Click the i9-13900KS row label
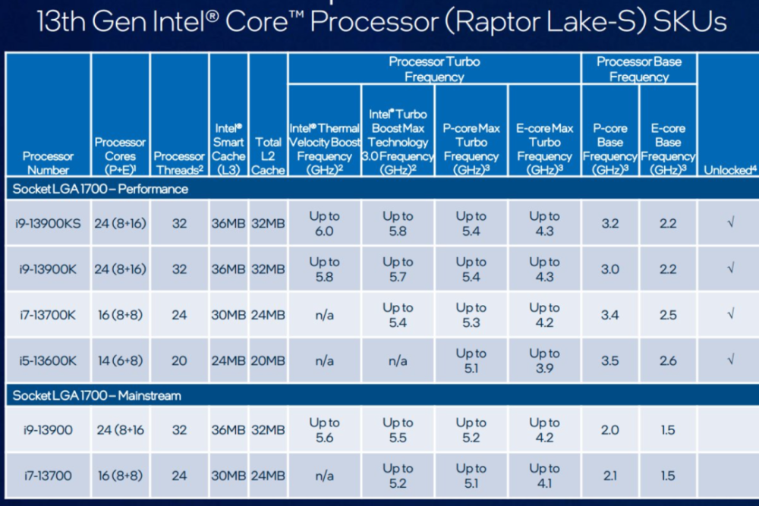pyautogui.click(x=48, y=224)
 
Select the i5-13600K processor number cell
pyautogui.click(x=48, y=361)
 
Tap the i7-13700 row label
pyautogui.click(x=48, y=476)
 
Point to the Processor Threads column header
pyautogui.click(x=180, y=163)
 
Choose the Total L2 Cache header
pyautogui.click(x=268, y=156)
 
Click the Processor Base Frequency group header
pyautogui.click(x=639, y=69)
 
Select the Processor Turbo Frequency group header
pyautogui.click(x=434, y=69)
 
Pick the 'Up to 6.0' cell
pyautogui.click(x=324, y=224)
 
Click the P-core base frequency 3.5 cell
pyautogui.click(x=609, y=361)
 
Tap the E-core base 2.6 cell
pyautogui.click(x=668, y=361)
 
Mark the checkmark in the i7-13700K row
pyautogui.click(x=730, y=315)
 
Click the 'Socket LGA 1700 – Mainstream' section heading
pyautogui.click(x=96, y=395)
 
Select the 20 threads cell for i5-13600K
pyautogui.click(x=179, y=361)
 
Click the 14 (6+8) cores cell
pyautogui.click(x=120, y=361)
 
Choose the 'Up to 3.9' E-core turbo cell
pyautogui.click(x=544, y=361)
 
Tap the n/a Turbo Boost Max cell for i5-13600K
pyautogui.click(x=398, y=361)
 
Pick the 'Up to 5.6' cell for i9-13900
pyautogui.click(x=324, y=430)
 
